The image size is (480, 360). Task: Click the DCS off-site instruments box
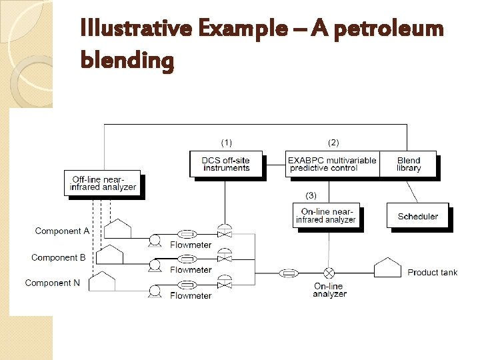(x=225, y=164)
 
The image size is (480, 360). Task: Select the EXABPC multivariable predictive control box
(x=332, y=164)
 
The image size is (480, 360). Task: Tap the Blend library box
(x=408, y=164)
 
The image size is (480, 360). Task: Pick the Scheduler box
(x=417, y=216)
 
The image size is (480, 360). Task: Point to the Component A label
(x=62, y=231)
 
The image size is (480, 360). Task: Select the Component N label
(x=53, y=283)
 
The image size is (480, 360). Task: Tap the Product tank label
(x=432, y=272)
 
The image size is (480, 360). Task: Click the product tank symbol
(x=387, y=268)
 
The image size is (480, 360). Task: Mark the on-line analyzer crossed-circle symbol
(x=329, y=273)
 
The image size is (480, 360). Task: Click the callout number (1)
(x=227, y=143)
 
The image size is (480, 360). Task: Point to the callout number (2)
(x=333, y=143)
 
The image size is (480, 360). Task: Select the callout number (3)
(x=311, y=195)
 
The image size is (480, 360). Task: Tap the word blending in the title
(x=127, y=61)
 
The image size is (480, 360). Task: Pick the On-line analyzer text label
(x=329, y=290)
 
